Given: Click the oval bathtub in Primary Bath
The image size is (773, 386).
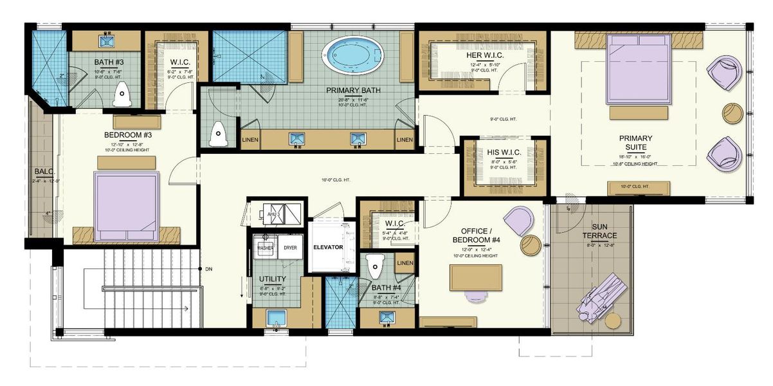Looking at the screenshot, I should pyautogui.click(x=351, y=56).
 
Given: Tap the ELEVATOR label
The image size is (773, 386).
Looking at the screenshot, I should pyautogui.click(x=328, y=247).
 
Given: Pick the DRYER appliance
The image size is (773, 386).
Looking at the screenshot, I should pyautogui.click(x=290, y=247).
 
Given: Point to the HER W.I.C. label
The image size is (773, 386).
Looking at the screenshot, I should pyautogui.click(x=485, y=56).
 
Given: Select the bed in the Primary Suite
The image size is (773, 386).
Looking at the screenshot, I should pyautogui.click(x=639, y=69).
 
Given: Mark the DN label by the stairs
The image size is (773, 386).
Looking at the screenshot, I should pyautogui.click(x=209, y=269).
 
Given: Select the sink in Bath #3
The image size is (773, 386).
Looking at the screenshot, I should pyautogui.click(x=106, y=41).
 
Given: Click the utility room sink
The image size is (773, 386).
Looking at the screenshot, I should pyautogui.click(x=277, y=318).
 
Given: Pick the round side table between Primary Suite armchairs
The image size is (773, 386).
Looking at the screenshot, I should pyautogui.click(x=732, y=113).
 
